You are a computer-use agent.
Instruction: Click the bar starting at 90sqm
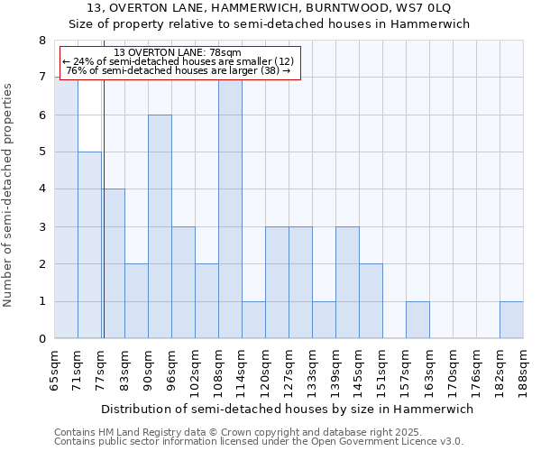[x=160, y=226]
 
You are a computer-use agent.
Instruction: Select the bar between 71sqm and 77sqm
[x=89, y=245]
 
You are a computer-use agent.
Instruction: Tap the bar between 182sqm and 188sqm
[x=511, y=320]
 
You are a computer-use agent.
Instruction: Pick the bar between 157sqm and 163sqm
[x=417, y=320]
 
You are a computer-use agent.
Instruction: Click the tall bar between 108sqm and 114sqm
[x=230, y=207]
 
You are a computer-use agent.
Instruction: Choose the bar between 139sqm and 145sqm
[x=347, y=283]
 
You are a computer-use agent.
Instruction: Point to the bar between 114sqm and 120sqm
[x=253, y=320]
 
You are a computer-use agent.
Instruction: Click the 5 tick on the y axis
[x=41, y=152]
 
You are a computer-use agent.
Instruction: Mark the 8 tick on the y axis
[x=41, y=41]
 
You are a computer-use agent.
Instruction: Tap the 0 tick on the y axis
[x=41, y=339]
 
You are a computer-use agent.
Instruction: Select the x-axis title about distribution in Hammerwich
[x=287, y=409]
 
